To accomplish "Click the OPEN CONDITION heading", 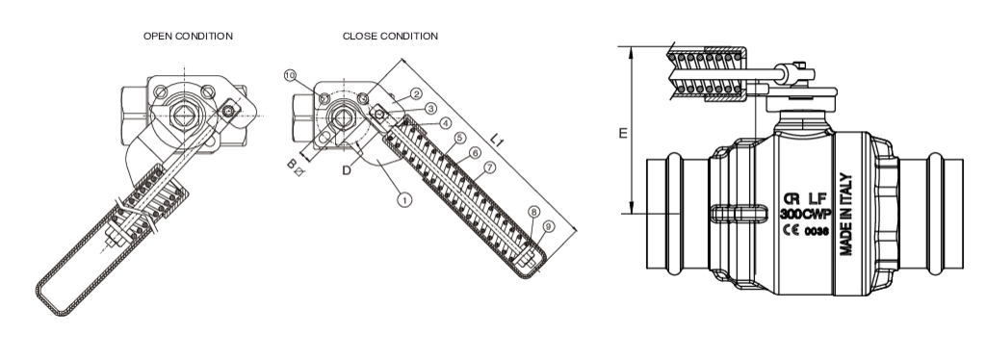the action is click(188, 36).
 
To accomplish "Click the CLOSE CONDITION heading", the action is click(390, 36).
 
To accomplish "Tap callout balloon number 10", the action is click(290, 76).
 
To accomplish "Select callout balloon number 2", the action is click(416, 94).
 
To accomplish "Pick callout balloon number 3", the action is click(430, 109).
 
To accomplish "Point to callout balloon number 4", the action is click(445, 123).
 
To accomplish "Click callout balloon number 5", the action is click(459, 138).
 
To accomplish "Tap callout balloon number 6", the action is click(475, 153).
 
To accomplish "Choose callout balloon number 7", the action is click(490, 167).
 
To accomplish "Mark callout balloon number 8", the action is click(533, 212).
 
